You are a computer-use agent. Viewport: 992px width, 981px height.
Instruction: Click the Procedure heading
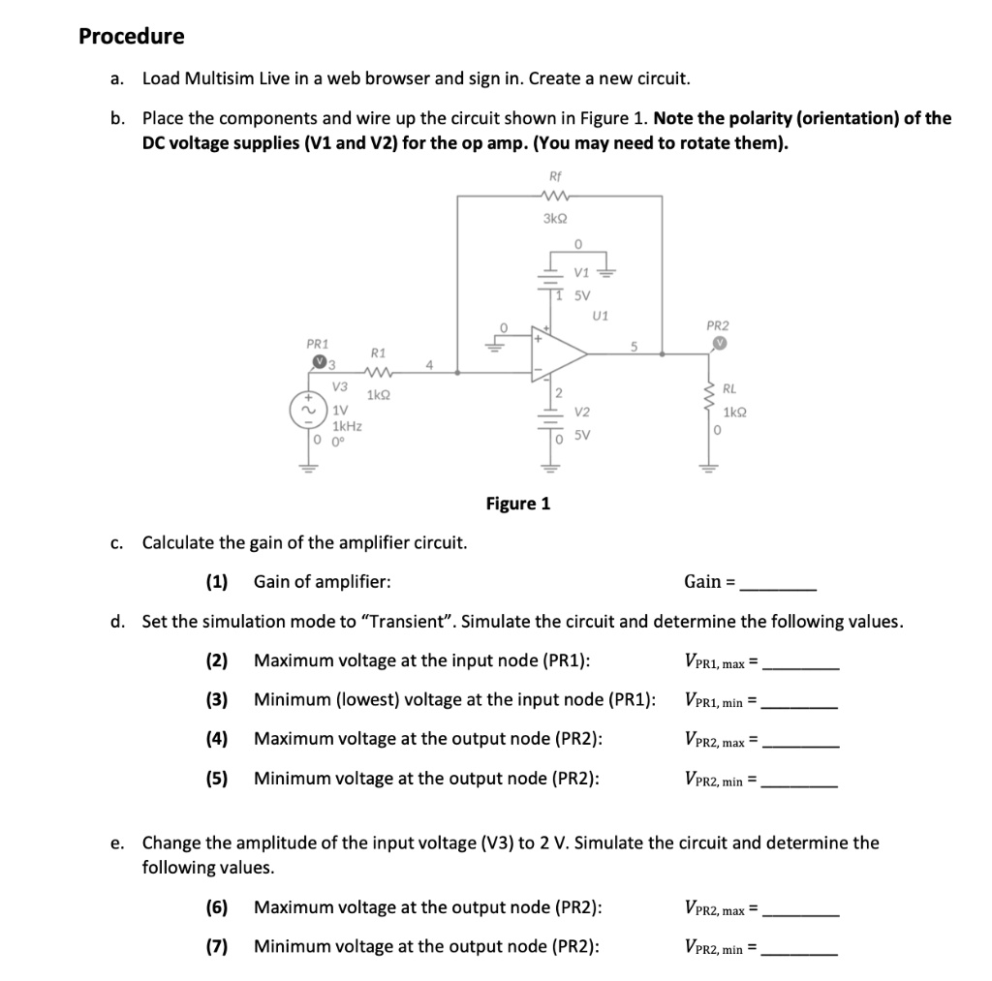click(131, 37)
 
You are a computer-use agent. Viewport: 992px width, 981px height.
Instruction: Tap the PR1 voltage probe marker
click(319, 362)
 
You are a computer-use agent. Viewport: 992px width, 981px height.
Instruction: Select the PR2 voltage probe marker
click(718, 344)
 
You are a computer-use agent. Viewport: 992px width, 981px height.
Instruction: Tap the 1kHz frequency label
click(348, 425)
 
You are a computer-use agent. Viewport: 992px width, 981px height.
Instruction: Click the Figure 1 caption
click(517, 504)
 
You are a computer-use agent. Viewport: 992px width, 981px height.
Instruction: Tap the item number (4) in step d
click(216, 739)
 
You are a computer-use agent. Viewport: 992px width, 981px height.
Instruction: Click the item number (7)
click(216, 946)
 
